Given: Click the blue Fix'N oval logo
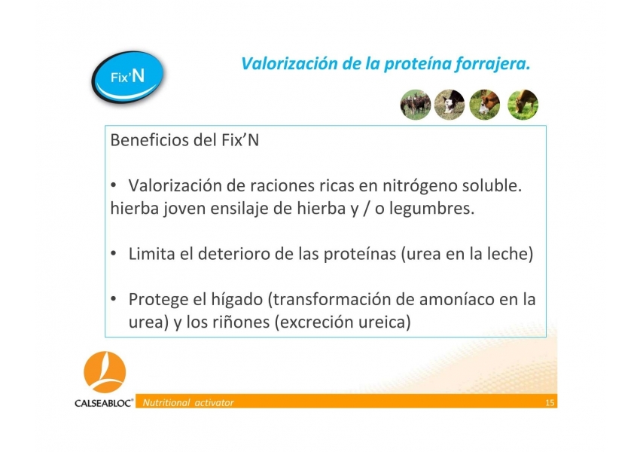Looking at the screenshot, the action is pos(127,77).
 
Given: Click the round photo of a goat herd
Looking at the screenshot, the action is pos(416,105).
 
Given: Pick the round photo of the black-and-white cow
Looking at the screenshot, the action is pos(449,105).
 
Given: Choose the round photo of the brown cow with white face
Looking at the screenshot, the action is pos(484,105).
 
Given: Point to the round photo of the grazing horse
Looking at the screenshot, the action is pos(523,105).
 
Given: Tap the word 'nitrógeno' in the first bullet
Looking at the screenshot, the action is pos(419,186).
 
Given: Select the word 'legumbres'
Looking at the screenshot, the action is pos(431,209).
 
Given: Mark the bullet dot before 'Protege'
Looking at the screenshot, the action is pos(114,299).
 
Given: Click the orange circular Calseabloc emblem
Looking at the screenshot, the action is pos(105,372).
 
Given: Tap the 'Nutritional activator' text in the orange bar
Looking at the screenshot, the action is pos(187,402).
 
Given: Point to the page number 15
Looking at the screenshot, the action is pos(550,403).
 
